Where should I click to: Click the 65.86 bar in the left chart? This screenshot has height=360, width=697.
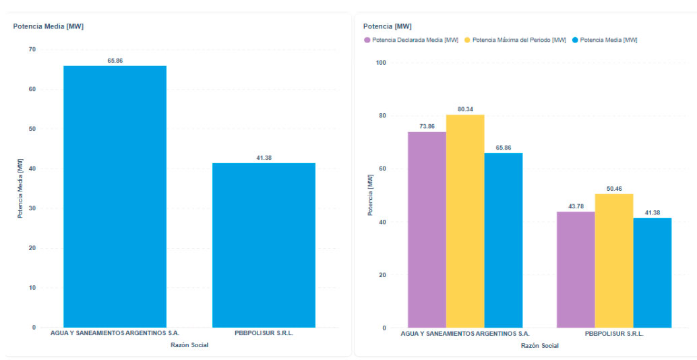pos(115,196)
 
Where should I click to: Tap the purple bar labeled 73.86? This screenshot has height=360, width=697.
pos(427,229)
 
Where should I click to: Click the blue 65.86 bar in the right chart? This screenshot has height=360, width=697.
pos(503,240)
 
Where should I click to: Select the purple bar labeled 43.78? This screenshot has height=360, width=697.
pos(576,270)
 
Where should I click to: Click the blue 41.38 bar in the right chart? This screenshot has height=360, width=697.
pos(653,272)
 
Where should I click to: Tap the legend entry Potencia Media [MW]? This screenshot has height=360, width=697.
pos(608,40)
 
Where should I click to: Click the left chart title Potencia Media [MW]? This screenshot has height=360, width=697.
pos(48,26)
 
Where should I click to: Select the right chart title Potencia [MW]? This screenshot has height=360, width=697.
pos(387,26)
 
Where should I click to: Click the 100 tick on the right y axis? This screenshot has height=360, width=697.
pos(381,63)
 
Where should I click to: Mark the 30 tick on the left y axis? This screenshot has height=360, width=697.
pos(32,208)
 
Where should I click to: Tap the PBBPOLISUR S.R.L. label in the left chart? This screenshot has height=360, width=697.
pos(264,334)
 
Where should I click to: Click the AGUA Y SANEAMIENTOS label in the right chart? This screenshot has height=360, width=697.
pos(465,334)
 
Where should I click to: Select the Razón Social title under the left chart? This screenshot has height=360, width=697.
pos(189,345)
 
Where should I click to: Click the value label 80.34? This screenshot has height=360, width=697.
pos(465,109)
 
